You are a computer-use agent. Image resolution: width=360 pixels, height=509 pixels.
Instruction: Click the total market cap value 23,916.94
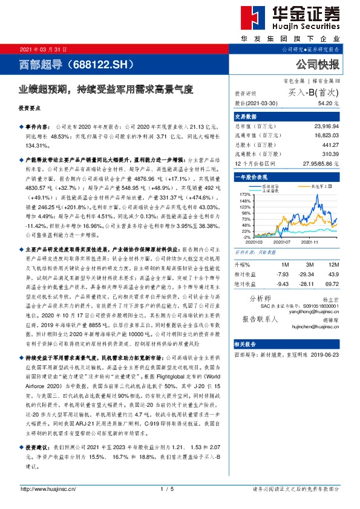(327, 126)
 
